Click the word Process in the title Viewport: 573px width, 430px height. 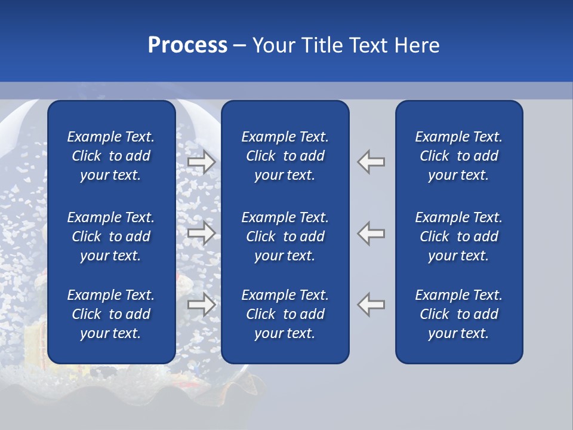click(187, 45)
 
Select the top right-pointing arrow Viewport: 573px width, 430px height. click(201, 162)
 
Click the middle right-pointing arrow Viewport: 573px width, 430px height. click(201, 233)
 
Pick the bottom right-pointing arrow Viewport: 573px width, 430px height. click(201, 305)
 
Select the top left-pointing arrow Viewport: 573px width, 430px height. click(371, 162)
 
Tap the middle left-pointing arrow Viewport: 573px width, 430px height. click(371, 233)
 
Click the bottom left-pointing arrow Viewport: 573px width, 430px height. click(371, 305)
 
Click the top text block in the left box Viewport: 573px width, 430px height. click(111, 156)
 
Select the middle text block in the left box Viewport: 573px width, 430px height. click(111, 236)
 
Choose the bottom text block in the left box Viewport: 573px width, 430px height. click(111, 314)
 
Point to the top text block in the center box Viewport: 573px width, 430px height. click(285, 156)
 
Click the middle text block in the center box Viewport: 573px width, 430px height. click(285, 236)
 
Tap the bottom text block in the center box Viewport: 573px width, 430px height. click(285, 314)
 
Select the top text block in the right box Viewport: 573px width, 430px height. click(458, 156)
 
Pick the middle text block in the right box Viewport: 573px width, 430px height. click(458, 236)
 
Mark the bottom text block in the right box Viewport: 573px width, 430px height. click(458, 314)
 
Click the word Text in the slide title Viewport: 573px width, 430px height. click(369, 45)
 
